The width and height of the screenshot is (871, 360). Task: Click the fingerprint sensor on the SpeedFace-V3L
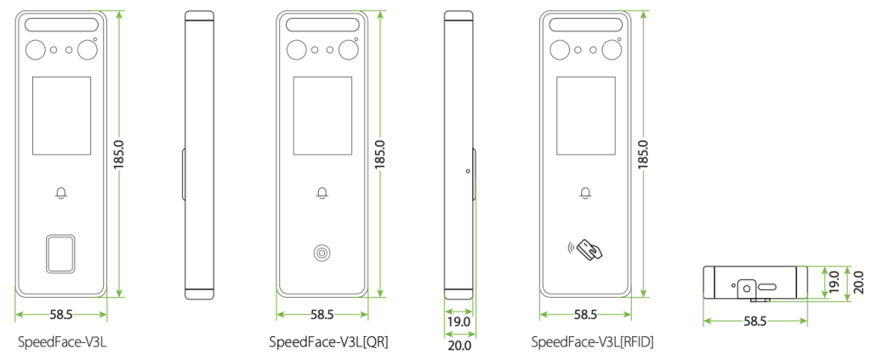(60, 253)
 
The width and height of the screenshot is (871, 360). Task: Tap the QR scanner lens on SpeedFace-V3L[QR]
(322, 253)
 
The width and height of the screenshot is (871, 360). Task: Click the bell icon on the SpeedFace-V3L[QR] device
(322, 193)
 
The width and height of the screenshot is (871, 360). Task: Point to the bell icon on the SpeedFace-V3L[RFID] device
(584, 193)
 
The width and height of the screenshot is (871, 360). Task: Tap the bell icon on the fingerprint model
(60, 193)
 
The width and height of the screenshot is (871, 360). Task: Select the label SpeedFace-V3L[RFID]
(592, 342)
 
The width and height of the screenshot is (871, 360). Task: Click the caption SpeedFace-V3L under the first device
(61, 342)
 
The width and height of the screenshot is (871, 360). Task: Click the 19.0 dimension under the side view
(458, 324)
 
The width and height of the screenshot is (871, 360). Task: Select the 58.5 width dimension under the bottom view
(755, 321)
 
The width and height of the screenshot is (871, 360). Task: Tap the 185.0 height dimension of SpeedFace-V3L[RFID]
(643, 154)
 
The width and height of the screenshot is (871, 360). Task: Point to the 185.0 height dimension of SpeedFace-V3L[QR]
(380, 154)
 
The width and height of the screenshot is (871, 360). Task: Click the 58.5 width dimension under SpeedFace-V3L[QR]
(322, 315)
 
